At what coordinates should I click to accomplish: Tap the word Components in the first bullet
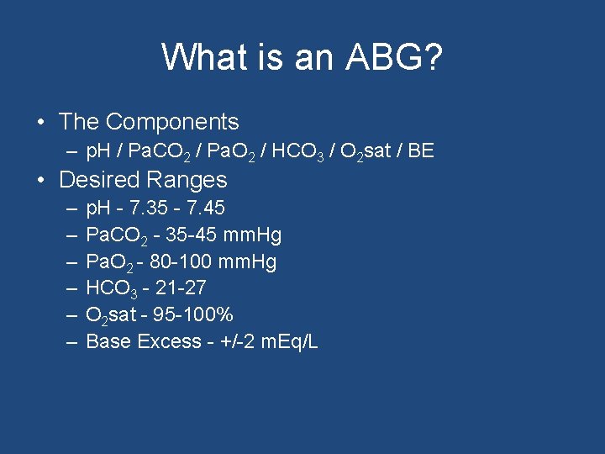point(172,122)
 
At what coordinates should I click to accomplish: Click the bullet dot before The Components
point(41,123)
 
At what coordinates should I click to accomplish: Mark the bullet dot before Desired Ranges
point(41,181)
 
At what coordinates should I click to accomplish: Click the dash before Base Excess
point(71,342)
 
